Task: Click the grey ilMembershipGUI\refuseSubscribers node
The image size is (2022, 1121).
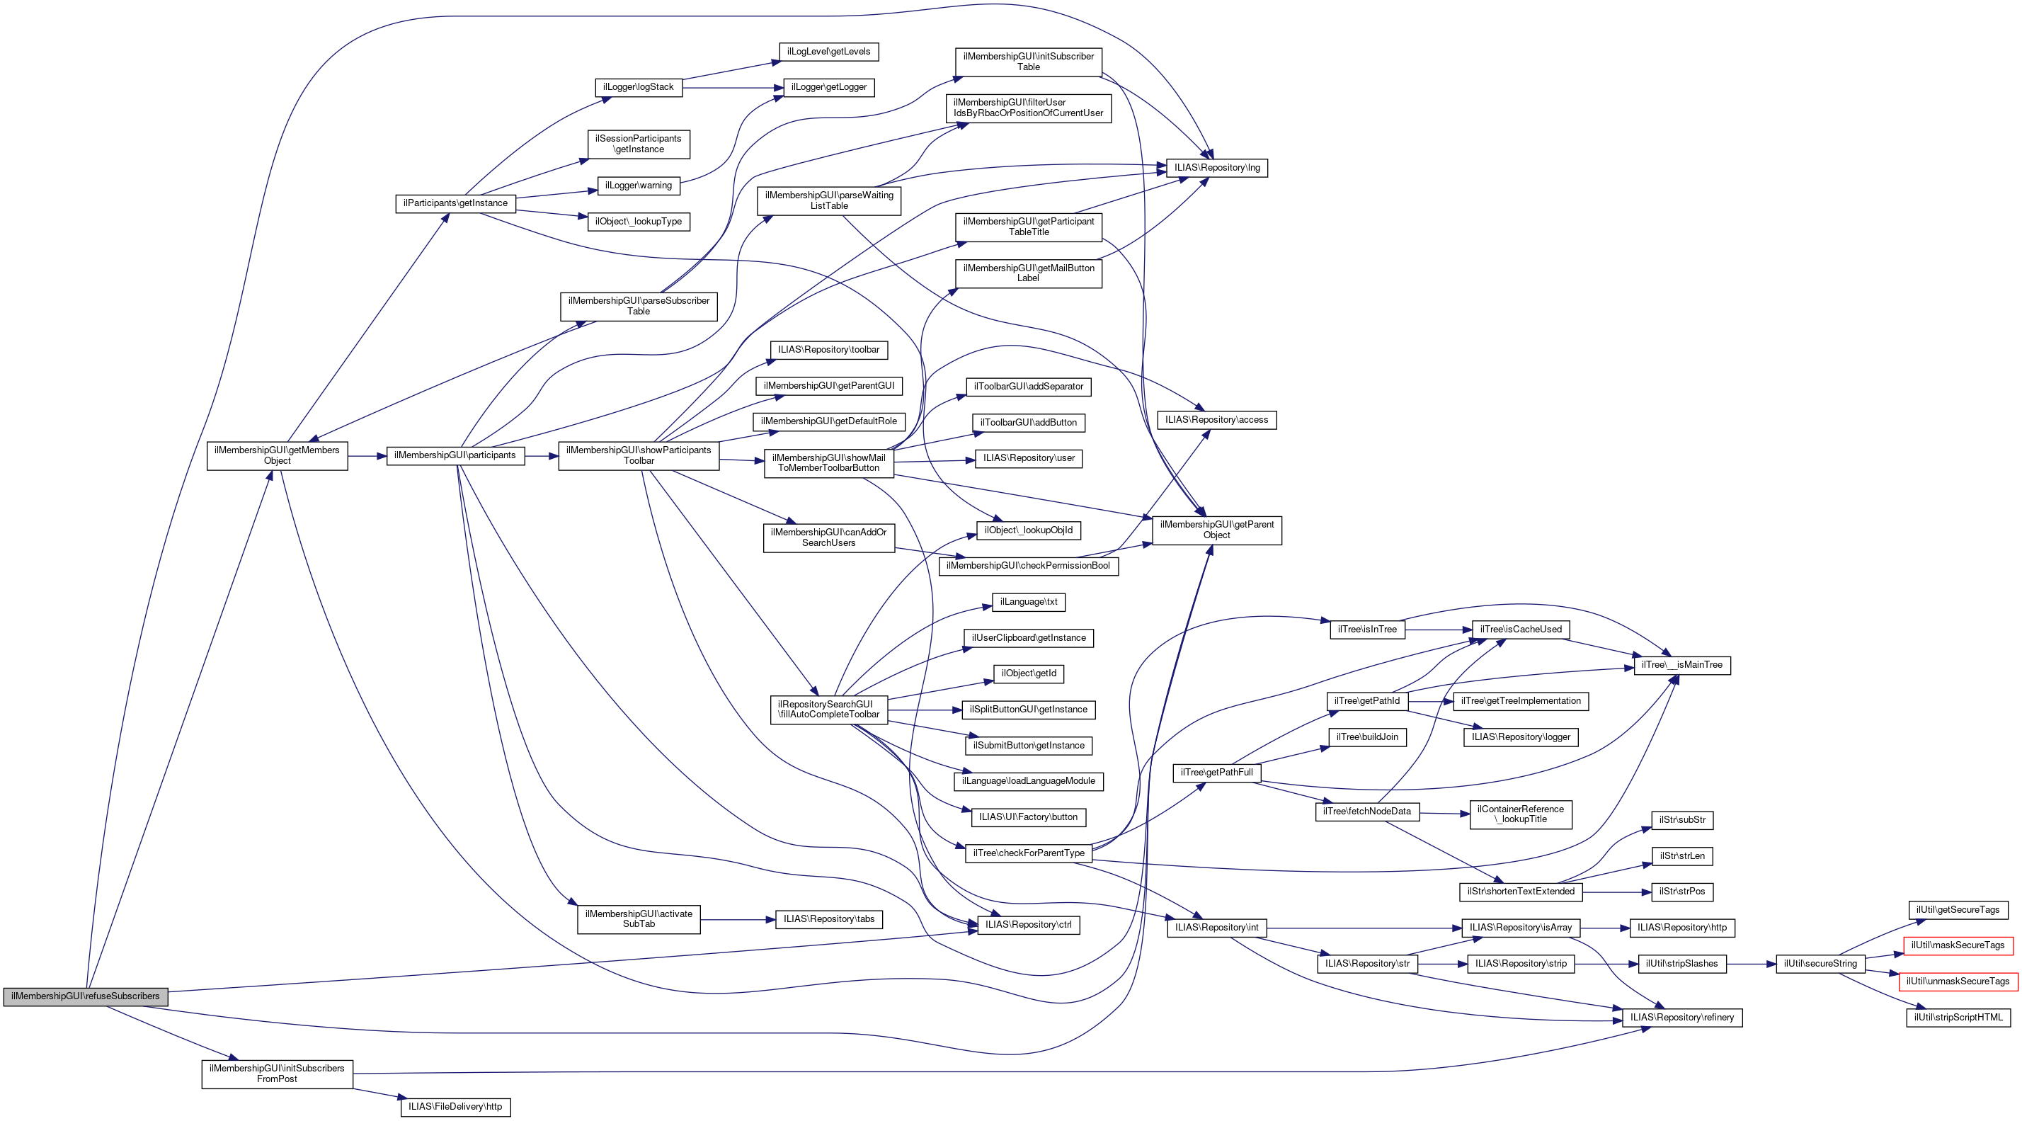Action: pos(86,996)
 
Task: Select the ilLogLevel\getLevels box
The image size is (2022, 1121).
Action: pos(828,52)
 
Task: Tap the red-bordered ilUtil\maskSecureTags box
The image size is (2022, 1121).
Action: pos(1958,945)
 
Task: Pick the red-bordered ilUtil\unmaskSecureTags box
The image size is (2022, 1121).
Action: pos(1958,981)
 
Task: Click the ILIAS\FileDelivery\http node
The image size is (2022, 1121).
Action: pos(455,1107)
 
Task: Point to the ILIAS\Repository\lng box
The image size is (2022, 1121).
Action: pos(1216,168)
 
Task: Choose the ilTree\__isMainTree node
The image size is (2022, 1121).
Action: pos(1682,665)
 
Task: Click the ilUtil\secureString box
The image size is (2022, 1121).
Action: pos(1820,963)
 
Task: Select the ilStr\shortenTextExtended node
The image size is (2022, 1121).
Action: pos(1521,892)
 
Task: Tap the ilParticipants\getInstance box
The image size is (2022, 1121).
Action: pos(455,203)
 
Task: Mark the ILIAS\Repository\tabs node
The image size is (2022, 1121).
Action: pos(829,919)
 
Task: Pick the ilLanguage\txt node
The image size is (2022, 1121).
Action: pos(1028,602)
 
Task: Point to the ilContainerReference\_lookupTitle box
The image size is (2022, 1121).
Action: pos(1521,814)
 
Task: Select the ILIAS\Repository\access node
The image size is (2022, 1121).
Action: pos(1216,420)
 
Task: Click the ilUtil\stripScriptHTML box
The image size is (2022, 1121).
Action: pos(1958,1018)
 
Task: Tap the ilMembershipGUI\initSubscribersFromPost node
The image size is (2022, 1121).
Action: pos(277,1074)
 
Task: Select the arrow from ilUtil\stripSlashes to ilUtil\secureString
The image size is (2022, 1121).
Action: pos(1752,963)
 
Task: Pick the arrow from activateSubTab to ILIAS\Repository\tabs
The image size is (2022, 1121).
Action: pos(738,919)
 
